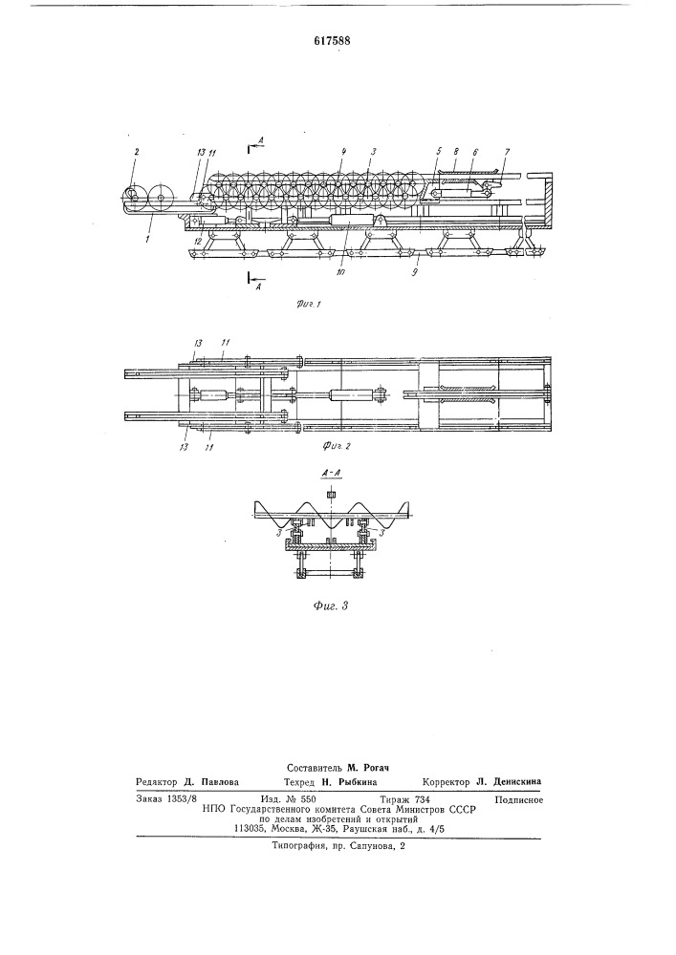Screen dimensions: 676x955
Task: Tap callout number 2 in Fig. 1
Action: [x=136, y=152]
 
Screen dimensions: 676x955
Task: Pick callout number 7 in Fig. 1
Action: [x=508, y=152]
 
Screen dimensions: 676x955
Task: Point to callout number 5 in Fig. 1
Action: [x=436, y=151]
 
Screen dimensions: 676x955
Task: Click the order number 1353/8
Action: [x=181, y=799]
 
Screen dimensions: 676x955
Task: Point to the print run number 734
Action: [x=422, y=799]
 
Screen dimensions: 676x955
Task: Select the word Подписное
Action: [x=519, y=799]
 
